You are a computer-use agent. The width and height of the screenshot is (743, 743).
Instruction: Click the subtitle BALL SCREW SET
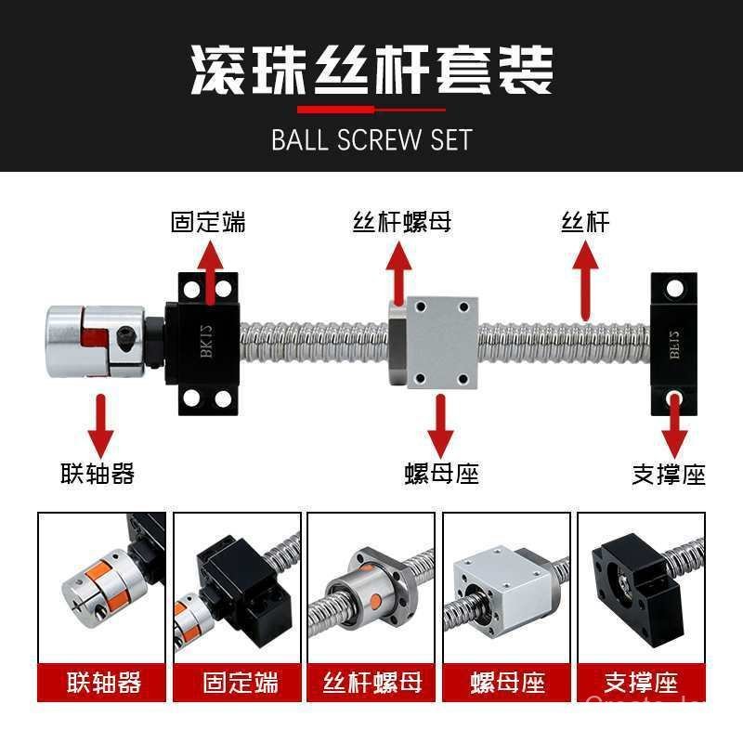[x=371, y=139]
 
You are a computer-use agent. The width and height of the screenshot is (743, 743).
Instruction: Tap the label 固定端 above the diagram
[x=208, y=223]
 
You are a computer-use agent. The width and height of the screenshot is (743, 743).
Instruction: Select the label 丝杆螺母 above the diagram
[x=402, y=223]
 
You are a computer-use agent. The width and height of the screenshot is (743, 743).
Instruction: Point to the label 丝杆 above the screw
[x=585, y=223]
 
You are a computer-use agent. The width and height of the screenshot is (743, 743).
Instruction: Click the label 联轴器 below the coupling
[x=98, y=474]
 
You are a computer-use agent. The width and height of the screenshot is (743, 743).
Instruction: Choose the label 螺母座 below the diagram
[x=441, y=474]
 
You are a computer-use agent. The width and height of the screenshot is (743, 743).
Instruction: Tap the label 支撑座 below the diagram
[x=669, y=475]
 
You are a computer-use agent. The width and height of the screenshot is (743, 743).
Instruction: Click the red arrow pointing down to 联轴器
[x=98, y=424]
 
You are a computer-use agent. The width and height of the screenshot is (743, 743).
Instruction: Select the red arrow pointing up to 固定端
[x=211, y=269]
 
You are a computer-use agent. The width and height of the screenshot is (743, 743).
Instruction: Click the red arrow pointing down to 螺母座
[x=441, y=424]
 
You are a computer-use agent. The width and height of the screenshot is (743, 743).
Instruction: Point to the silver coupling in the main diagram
[x=95, y=341]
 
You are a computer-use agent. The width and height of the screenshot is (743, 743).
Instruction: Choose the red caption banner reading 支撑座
[x=641, y=684]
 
